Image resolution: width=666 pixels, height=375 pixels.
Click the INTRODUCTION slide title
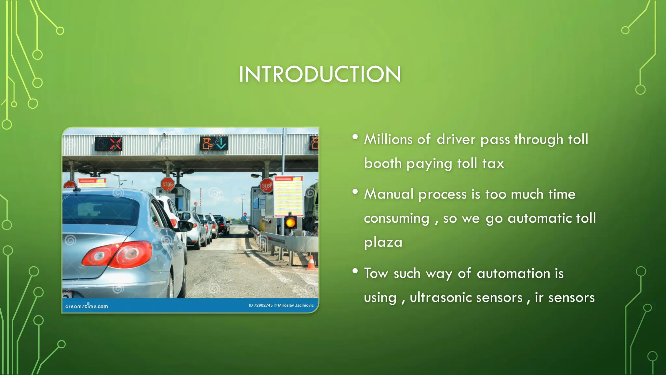point(320,74)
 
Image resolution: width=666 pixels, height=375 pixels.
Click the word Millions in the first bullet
point(388,139)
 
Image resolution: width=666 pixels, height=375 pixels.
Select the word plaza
point(383,243)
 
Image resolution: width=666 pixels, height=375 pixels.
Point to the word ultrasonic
point(466,298)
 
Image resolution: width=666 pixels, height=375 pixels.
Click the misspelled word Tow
point(376,273)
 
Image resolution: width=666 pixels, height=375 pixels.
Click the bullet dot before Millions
point(355,137)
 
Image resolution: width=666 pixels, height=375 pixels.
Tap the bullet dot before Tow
point(355,271)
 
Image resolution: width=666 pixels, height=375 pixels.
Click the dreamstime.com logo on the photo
point(87,306)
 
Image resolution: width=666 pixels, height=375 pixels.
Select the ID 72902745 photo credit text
point(281,305)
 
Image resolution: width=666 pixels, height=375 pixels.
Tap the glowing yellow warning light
point(290,223)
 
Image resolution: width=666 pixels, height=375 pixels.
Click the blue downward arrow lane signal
point(221,143)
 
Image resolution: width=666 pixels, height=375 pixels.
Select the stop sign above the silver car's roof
point(167,184)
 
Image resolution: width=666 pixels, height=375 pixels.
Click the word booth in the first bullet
point(383,163)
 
